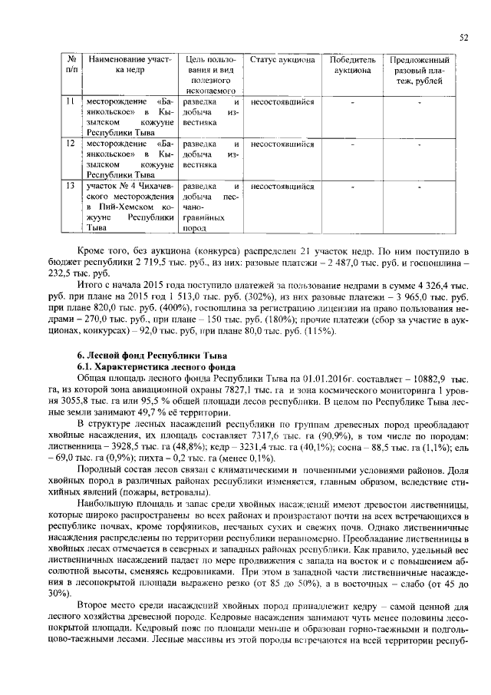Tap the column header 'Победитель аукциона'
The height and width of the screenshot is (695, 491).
[x=351, y=65]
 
